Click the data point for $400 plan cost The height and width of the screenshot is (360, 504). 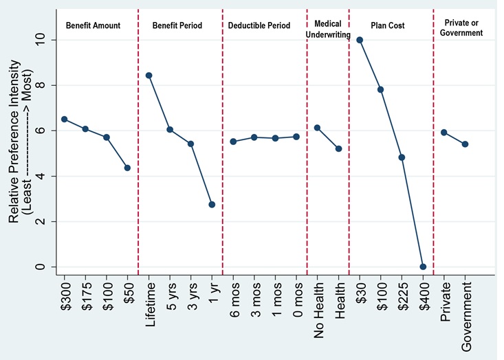423,267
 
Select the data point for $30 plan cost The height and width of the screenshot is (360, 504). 360,40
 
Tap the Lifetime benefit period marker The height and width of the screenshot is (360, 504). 149,76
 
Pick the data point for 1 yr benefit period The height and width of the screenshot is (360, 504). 212,205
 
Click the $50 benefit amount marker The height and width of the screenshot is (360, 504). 127,168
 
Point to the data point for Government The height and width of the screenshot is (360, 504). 465,144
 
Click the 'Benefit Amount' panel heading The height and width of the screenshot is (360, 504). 93,25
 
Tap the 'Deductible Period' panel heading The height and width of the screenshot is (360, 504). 264,25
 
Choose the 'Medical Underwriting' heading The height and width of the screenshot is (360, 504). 328,29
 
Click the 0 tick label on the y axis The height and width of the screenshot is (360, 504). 41,267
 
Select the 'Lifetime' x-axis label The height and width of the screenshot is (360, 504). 149,310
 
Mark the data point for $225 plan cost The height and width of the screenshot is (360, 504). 402,157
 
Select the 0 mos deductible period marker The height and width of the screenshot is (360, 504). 296,137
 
